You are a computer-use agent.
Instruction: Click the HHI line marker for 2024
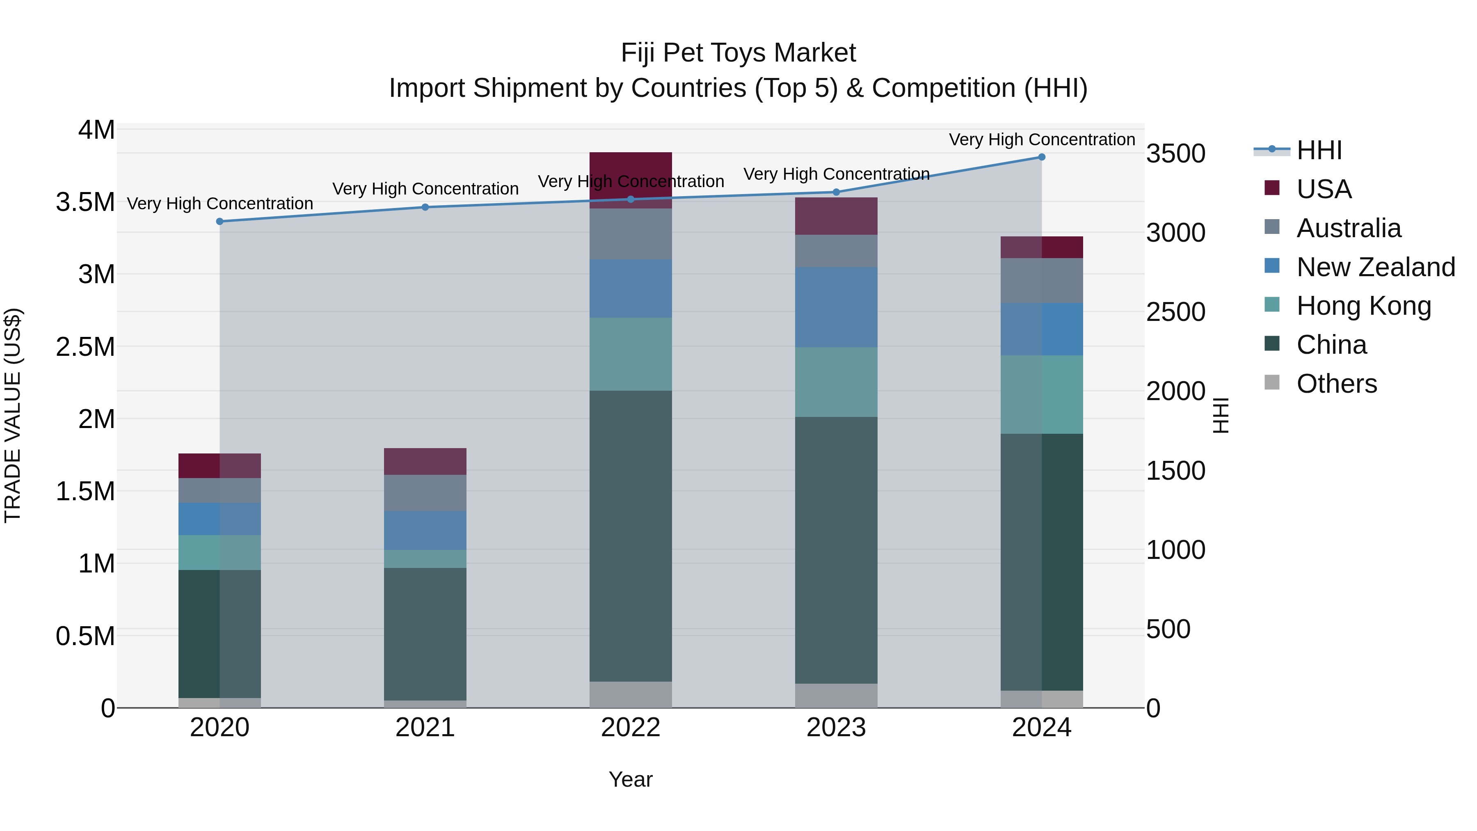[x=1041, y=157]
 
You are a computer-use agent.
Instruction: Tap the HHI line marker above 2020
[x=219, y=221]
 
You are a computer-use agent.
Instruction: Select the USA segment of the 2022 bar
[x=630, y=172]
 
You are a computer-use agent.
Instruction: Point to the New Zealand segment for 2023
[x=836, y=307]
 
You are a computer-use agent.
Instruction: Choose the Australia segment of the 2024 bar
[x=1041, y=280]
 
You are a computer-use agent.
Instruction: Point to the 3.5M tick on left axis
[x=85, y=202]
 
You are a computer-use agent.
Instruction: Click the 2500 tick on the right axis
[x=1176, y=313]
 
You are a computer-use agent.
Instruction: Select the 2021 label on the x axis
[x=425, y=728]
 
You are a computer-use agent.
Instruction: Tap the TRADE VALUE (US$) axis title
[x=13, y=415]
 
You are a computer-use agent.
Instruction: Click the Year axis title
[x=630, y=779]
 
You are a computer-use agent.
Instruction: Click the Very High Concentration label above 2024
[x=1041, y=140]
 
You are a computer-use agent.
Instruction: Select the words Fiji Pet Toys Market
[x=738, y=53]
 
